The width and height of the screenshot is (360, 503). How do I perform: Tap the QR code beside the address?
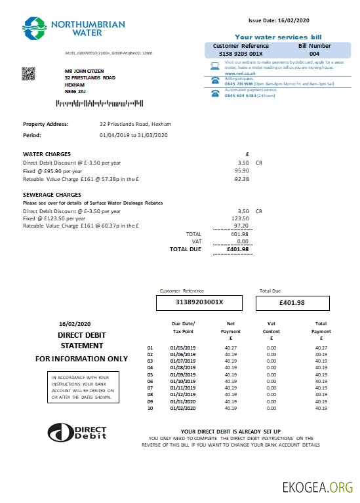28,73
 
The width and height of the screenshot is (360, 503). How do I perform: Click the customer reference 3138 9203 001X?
241,54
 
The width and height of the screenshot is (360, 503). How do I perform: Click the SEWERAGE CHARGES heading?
52,195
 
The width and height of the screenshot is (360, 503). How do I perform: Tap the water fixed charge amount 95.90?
243,171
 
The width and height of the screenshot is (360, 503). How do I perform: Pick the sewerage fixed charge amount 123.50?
241,218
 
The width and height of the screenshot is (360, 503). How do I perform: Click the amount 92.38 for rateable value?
243,178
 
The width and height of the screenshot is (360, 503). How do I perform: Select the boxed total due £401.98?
292,302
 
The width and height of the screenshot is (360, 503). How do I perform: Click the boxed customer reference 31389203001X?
199,302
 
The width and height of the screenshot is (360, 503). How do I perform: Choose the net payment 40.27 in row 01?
231,348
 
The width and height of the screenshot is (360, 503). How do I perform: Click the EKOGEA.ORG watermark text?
317,487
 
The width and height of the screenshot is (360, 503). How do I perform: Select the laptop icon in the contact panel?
214,66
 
